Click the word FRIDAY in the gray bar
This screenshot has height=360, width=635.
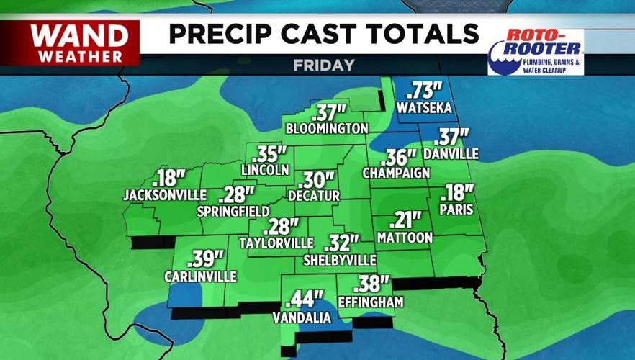[324, 65]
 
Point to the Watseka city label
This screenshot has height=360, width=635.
[424, 108]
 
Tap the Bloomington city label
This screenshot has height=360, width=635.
[327, 129]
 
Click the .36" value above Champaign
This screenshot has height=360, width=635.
[400, 157]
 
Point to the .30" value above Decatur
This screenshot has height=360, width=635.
[317, 179]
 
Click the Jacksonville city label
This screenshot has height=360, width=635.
[165, 194]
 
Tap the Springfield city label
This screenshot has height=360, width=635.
[233, 211]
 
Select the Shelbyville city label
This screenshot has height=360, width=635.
[341, 259]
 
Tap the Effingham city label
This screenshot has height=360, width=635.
[370, 302]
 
